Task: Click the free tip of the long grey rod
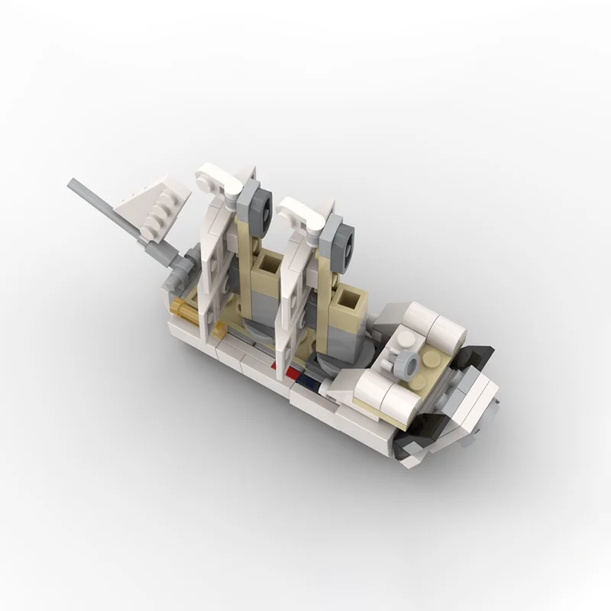pyautogui.click(x=73, y=184)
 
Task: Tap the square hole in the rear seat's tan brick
pyautogui.click(x=269, y=265)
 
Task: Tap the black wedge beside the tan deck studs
pyautogui.click(x=480, y=353)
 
